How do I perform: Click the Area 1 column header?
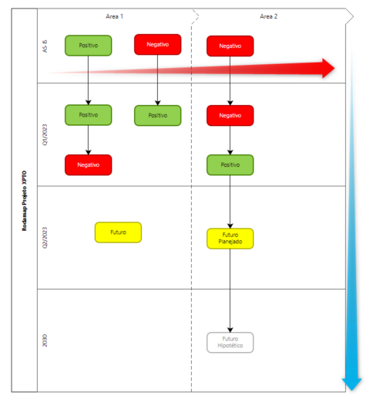click(x=116, y=16)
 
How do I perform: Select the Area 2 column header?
click(x=270, y=16)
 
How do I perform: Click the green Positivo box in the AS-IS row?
click(x=88, y=46)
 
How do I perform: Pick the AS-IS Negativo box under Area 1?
click(x=157, y=45)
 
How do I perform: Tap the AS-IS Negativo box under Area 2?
click(x=230, y=46)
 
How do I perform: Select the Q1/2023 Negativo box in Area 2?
click(x=230, y=115)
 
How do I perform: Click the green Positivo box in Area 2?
click(x=230, y=164)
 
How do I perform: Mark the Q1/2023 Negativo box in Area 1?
click(x=88, y=164)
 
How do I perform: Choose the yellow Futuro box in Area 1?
click(x=118, y=232)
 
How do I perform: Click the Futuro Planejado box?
click(x=230, y=238)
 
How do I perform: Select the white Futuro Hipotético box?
click(x=230, y=342)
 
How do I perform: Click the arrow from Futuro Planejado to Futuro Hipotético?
click(x=230, y=290)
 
